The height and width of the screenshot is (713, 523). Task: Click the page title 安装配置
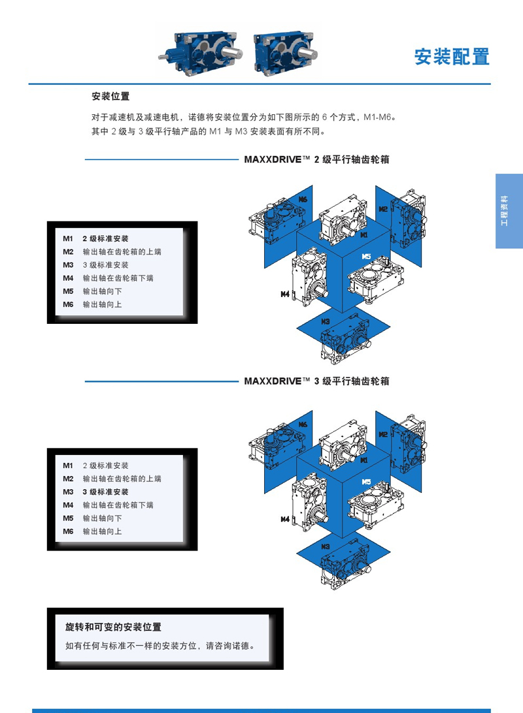coord(452,57)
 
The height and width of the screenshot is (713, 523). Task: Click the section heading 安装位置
coord(110,96)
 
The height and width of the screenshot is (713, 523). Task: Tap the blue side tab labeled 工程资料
coord(509,211)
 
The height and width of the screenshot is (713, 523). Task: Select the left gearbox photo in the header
coord(200,52)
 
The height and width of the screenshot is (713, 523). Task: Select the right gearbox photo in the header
coord(286,52)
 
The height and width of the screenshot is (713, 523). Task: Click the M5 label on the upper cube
coord(366,257)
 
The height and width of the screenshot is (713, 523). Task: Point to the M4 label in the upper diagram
coord(285,294)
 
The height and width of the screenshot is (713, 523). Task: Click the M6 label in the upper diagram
coord(303,199)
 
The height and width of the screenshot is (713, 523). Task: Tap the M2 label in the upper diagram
coord(383,209)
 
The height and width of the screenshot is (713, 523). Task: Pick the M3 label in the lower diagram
coord(325,547)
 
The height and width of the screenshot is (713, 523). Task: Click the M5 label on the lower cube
coord(366,482)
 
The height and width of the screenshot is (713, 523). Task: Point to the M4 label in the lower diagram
coord(285,519)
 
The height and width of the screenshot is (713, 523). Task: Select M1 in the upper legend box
coord(68,239)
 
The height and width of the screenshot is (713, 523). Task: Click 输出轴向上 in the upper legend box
coord(102,305)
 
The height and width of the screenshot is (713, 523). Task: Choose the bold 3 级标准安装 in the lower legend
coord(105,492)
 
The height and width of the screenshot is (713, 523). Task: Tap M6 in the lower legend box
coord(68,531)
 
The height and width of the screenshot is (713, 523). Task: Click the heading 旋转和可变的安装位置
coord(113,627)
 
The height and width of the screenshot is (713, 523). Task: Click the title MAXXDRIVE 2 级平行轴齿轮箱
coord(316,159)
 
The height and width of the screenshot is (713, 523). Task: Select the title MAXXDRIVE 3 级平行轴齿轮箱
coord(316,381)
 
